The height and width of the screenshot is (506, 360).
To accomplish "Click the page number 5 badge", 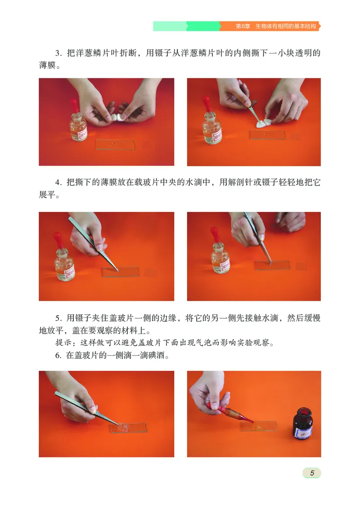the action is click(311, 473).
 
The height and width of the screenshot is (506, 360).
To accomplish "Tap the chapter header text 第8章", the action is click(243, 26).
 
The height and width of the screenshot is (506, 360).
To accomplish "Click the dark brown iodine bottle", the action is click(302, 423).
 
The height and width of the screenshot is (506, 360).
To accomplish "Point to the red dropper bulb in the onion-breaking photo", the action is click(75, 105).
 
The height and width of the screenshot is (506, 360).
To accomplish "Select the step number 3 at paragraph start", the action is click(58, 53).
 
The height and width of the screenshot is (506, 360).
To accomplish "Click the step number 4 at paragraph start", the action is click(58, 183).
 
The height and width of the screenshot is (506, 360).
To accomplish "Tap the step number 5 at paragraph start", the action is click(58, 318).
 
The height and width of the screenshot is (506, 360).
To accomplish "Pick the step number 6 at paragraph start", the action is click(58, 356).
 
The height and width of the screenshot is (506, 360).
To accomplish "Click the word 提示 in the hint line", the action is click(63, 343).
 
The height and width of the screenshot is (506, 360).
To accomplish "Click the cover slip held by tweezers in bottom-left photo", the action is click(124, 427).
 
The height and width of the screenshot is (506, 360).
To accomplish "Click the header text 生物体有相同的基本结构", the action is click(285, 26).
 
